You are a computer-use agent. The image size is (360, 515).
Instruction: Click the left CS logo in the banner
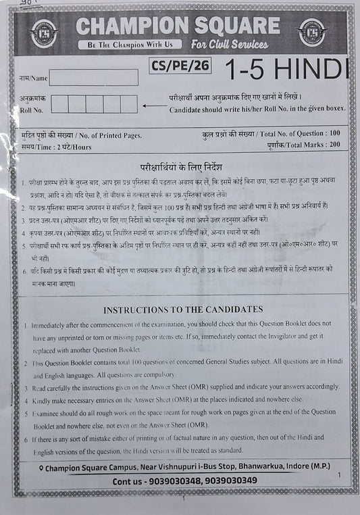click(x=45, y=32)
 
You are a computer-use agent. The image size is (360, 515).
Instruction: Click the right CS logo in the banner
click(x=312, y=32)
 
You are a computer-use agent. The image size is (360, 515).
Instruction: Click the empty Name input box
click(x=93, y=78)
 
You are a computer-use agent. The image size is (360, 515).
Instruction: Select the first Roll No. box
click(x=59, y=103)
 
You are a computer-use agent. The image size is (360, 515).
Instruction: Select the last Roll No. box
click(x=129, y=103)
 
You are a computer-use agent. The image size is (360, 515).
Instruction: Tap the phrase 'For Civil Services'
click(x=230, y=45)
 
